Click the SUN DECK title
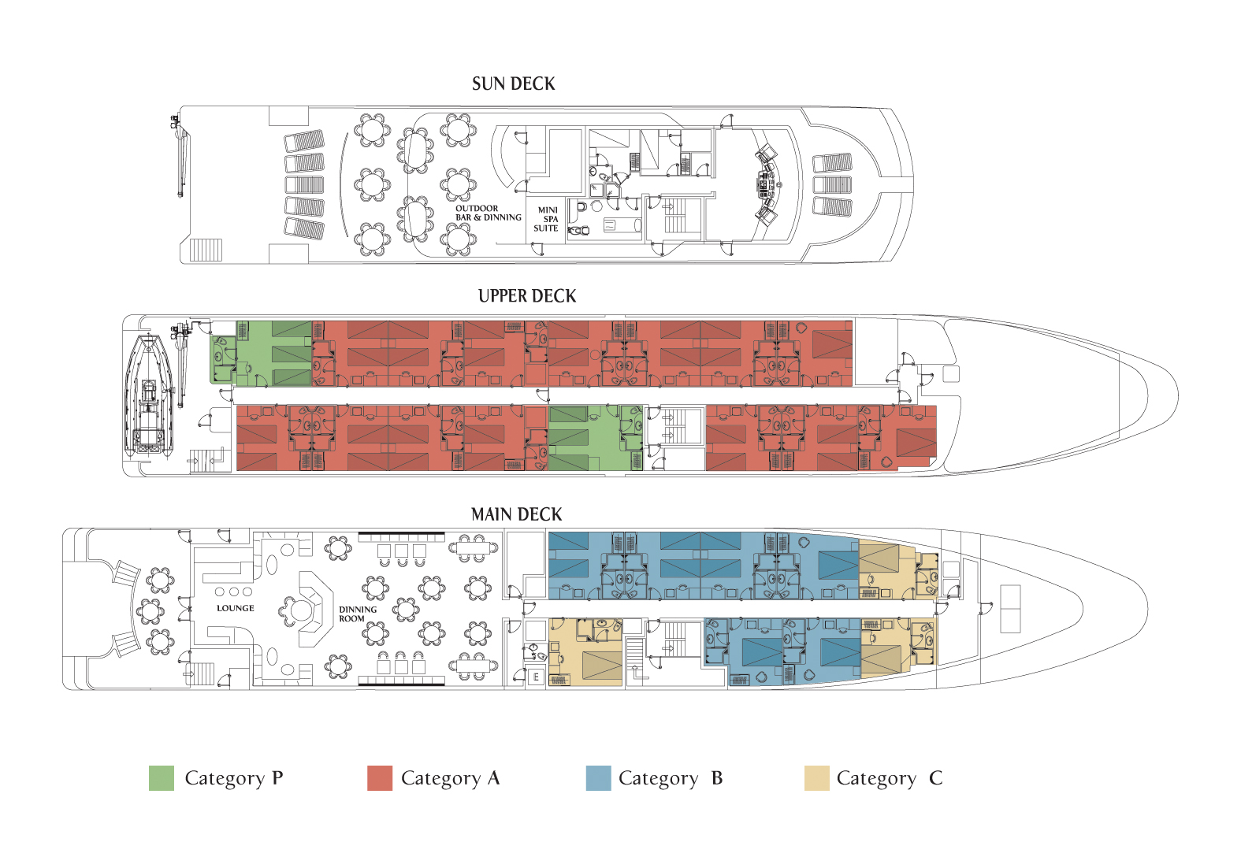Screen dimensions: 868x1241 (x=513, y=84)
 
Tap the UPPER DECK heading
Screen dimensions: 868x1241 (x=526, y=296)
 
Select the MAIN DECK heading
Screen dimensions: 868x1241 (x=516, y=514)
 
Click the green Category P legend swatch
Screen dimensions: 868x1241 (x=162, y=778)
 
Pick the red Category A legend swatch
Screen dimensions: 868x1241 (x=380, y=778)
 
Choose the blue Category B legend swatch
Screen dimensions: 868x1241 (x=598, y=778)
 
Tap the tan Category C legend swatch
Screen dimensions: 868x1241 (x=816, y=778)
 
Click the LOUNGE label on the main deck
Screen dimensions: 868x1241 (x=236, y=608)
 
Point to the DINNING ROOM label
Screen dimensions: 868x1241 (x=358, y=614)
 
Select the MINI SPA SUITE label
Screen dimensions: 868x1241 (x=547, y=219)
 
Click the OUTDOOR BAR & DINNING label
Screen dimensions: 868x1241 (x=488, y=213)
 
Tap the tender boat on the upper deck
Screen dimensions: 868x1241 (x=148, y=394)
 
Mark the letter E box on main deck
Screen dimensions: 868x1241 (x=536, y=677)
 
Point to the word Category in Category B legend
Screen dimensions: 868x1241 (x=658, y=778)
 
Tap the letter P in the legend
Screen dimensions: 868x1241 (x=277, y=778)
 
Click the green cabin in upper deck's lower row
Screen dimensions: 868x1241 (x=595, y=438)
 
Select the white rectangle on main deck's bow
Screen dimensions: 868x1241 (x=1009, y=609)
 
